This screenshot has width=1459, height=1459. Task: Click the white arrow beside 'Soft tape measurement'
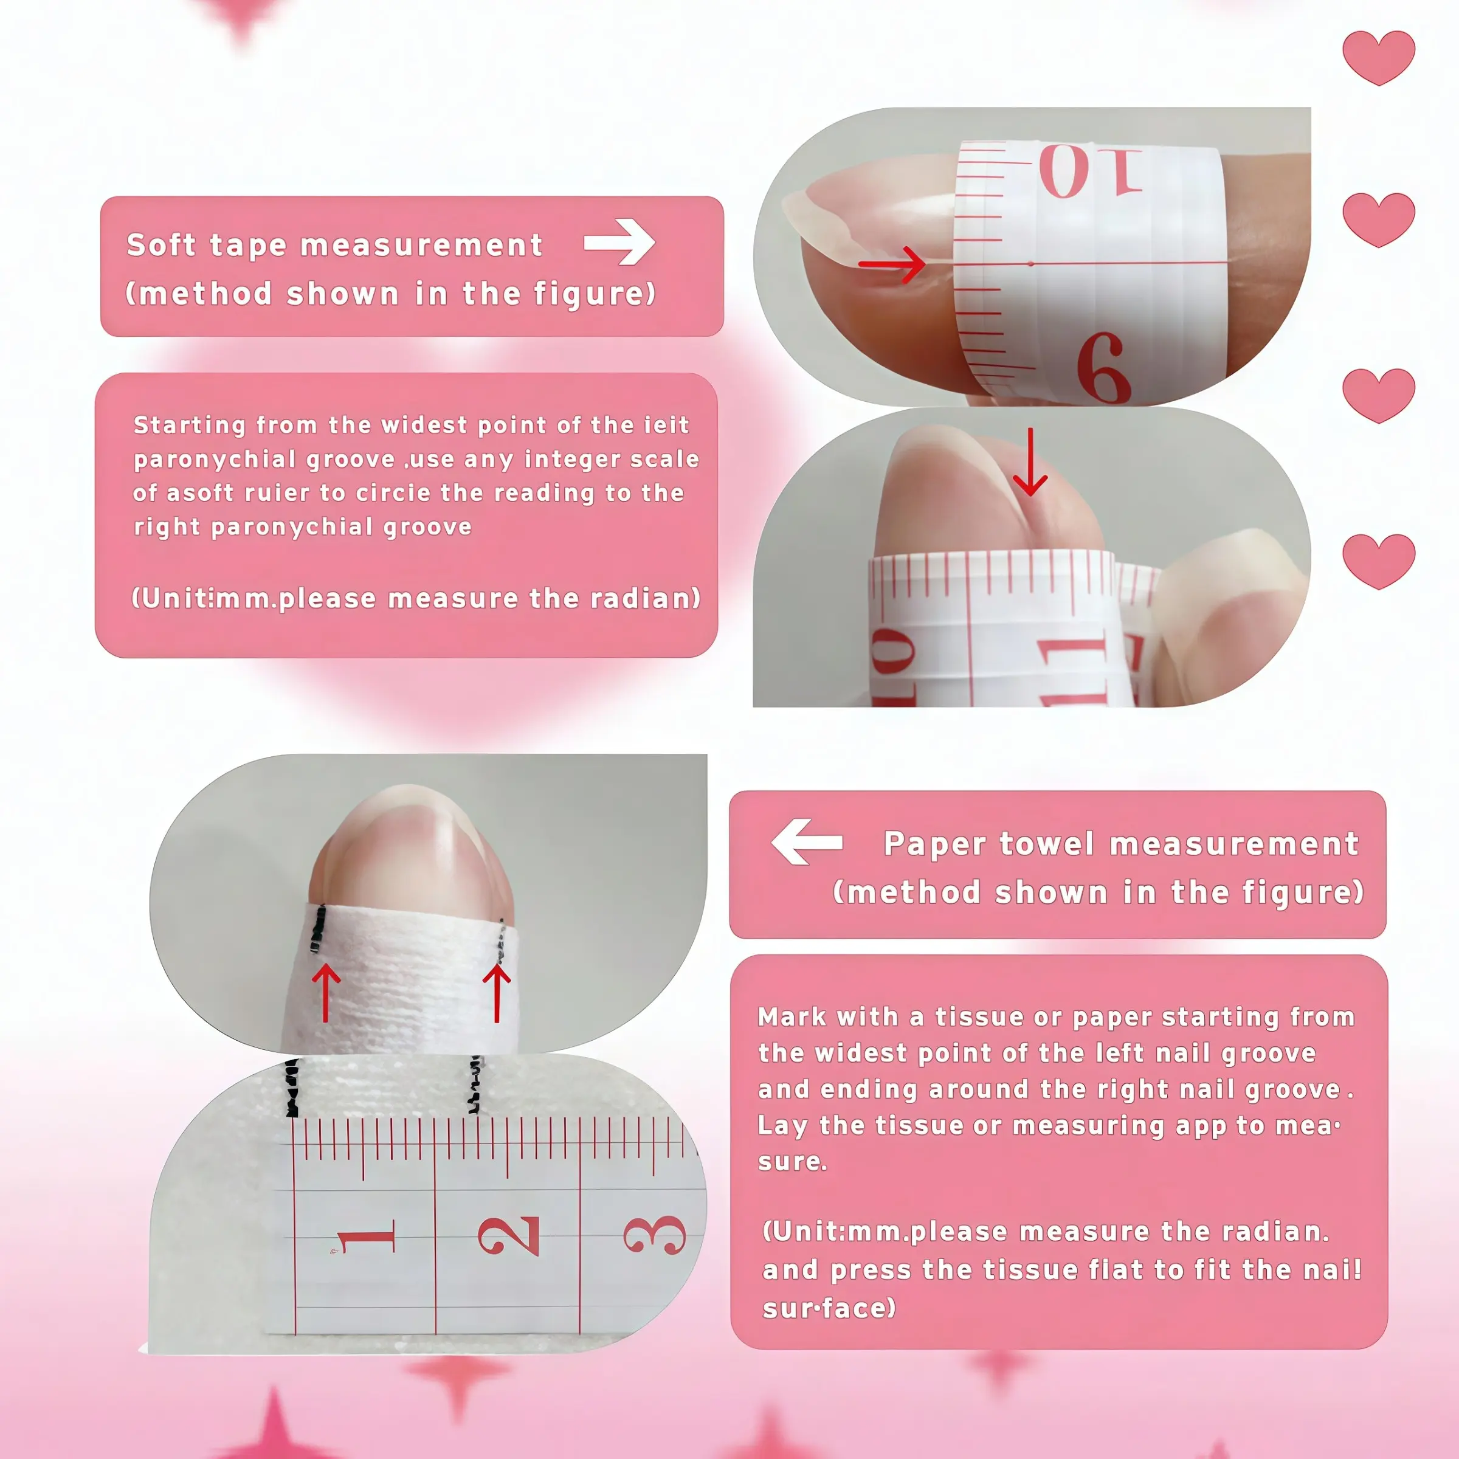click(x=619, y=242)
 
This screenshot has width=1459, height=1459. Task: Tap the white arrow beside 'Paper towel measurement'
click(x=807, y=841)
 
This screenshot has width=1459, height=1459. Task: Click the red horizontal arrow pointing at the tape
click(x=892, y=264)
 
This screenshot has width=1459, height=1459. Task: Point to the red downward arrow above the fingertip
click(x=1030, y=461)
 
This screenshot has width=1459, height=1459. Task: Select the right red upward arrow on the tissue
click(x=497, y=992)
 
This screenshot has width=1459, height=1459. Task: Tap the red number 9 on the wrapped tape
click(x=1104, y=367)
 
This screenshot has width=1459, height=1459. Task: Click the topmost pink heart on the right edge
click(x=1378, y=57)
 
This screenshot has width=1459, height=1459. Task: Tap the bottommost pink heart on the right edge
click(x=1378, y=561)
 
